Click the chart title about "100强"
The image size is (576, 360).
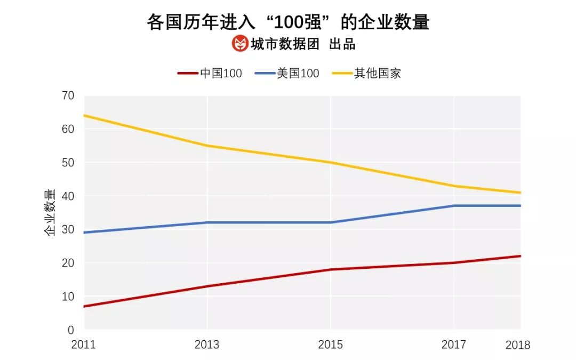288,22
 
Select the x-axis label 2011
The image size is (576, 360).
83,345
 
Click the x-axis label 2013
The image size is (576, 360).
207,345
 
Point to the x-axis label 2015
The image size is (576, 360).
331,345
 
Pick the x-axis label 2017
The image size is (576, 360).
454,345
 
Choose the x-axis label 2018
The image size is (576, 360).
517,345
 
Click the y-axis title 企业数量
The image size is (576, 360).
49,212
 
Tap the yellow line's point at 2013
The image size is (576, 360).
207,146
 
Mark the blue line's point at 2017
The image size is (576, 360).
454,206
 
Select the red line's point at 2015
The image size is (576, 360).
331,269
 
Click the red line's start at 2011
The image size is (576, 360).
84,306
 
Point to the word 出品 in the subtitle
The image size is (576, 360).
342,44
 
